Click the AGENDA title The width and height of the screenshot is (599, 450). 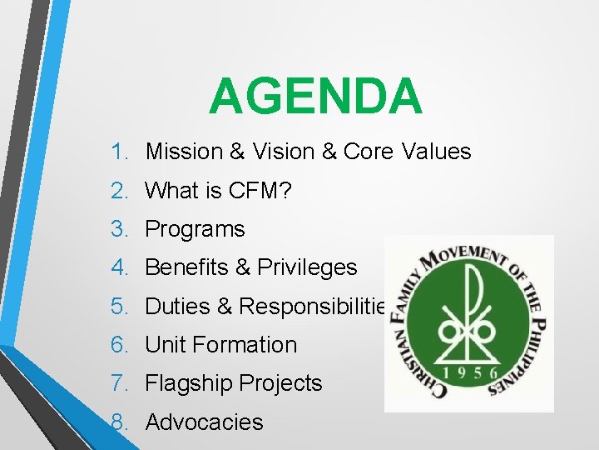click(315, 96)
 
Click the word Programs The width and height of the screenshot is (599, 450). click(195, 229)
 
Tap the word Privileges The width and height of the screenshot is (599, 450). click(307, 267)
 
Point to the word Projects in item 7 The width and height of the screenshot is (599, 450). click(280, 383)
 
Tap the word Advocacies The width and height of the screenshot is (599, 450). click(204, 422)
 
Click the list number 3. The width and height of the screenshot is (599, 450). click(120, 229)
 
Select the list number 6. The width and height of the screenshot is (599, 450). click(120, 344)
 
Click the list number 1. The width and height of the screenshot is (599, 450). click(119, 152)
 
